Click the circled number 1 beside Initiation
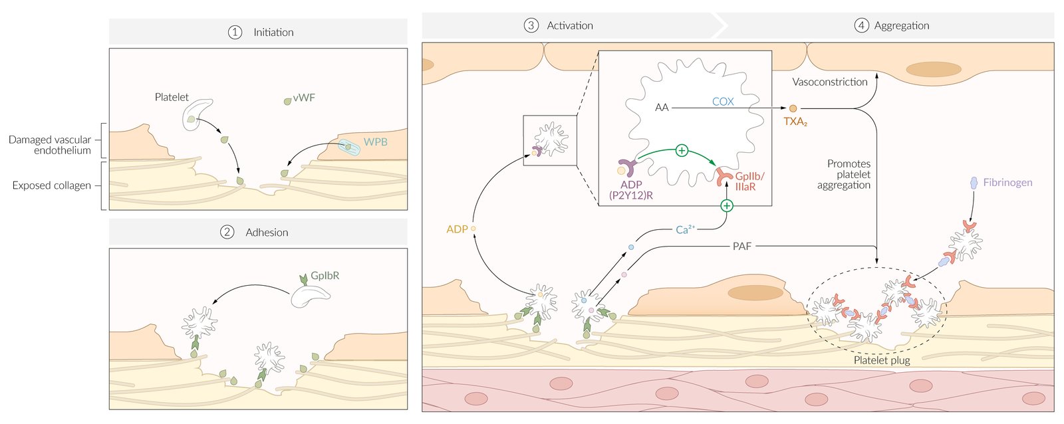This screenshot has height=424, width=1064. pyautogui.click(x=235, y=33)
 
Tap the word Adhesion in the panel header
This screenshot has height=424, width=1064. pyautogui.click(x=267, y=232)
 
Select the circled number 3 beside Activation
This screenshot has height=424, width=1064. pyautogui.click(x=531, y=26)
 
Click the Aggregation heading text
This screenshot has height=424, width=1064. pyautogui.click(x=902, y=26)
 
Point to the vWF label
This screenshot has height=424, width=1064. pyautogui.click(x=304, y=97)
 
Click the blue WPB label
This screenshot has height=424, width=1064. pyautogui.click(x=375, y=142)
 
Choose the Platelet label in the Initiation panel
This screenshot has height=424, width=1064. pyautogui.click(x=172, y=97)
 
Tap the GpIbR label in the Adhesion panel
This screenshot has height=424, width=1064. pyautogui.click(x=325, y=275)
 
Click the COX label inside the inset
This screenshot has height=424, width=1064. pyautogui.click(x=722, y=101)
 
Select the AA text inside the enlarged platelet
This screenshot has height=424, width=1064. pyautogui.click(x=662, y=108)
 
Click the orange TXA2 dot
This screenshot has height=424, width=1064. pyautogui.click(x=793, y=109)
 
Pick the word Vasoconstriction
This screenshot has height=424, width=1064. pyautogui.click(x=830, y=82)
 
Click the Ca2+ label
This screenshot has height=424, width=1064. pyautogui.click(x=685, y=229)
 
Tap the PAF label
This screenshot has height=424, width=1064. pyautogui.click(x=742, y=247)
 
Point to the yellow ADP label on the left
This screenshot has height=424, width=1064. pyautogui.click(x=457, y=229)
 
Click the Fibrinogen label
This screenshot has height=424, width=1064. pyautogui.click(x=1007, y=182)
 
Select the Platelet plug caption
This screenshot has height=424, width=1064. pyautogui.click(x=882, y=360)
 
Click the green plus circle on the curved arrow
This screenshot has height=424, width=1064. pyautogui.click(x=682, y=151)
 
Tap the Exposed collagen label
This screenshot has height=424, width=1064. pyautogui.click(x=52, y=185)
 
